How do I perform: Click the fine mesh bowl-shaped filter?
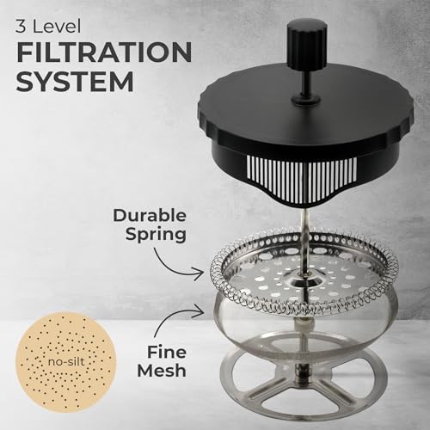(x=301, y=331)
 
